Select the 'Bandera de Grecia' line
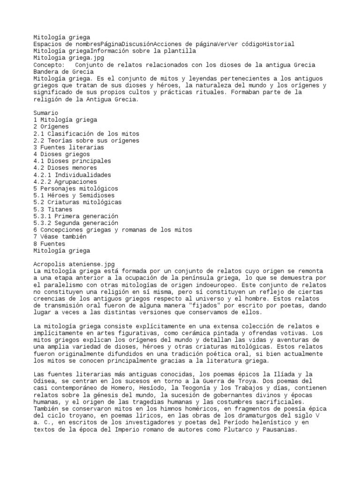click(x=63, y=72)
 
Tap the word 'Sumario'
click(x=46, y=113)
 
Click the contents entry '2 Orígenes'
click(x=51, y=127)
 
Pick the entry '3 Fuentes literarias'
click(x=68, y=147)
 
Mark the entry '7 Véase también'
click(x=60, y=237)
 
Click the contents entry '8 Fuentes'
click(x=49, y=244)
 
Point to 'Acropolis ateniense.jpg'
click(x=74, y=264)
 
